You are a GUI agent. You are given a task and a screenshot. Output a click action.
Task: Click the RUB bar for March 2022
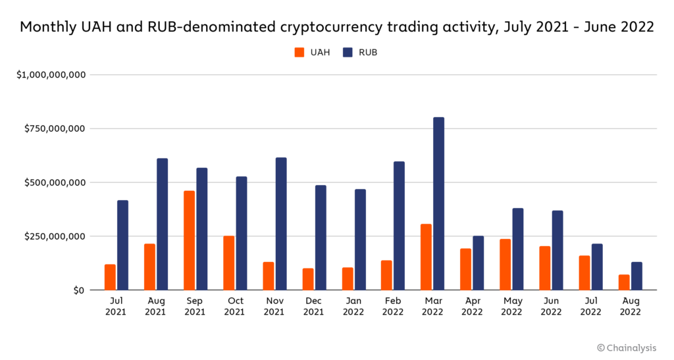pyautogui.click(x=439, y=203)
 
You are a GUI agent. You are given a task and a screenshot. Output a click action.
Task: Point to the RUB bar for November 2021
pyautogui.click(x=281, y=224)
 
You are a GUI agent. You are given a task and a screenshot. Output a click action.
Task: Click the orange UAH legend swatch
pyautogui.click(x=299, y=53)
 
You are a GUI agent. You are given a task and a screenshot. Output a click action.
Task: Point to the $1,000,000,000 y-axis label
pyautogui.click(x=51, y=75)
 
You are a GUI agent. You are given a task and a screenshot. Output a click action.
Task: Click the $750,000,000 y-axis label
pyautogui.click(x=55, y=128)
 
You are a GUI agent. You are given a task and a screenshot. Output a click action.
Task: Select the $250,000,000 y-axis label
pyautogui.click(x=55, y=236)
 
